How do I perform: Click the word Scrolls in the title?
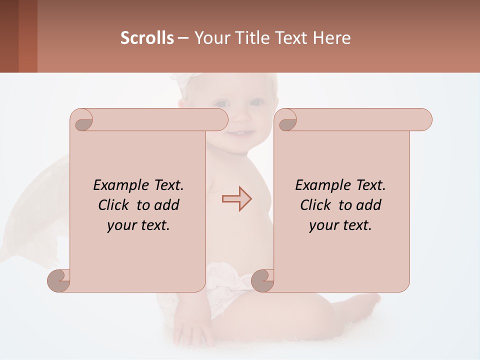tap(147, 38)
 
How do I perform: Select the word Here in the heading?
tap(332, 38)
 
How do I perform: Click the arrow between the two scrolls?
tap(237, 199)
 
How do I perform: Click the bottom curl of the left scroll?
tap(59, 280)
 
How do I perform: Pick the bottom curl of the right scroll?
tap(262, 280)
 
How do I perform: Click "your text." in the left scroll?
tap(138, 225)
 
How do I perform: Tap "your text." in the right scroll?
tap(340, 225)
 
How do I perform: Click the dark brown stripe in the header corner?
tap(9, 36)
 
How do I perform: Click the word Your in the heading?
tap(210, 38)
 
